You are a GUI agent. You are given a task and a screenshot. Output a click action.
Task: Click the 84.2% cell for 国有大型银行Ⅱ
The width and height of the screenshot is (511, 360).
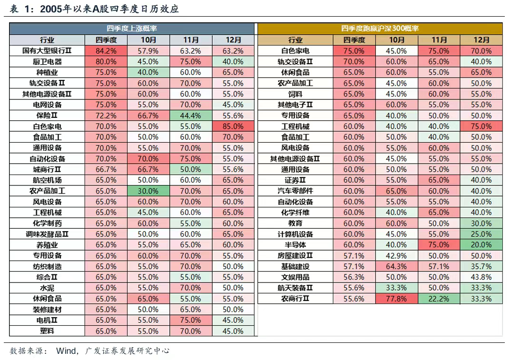[x=106, y=51]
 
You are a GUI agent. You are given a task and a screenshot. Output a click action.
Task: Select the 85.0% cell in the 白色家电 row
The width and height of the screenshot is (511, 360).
[x=233, y=126]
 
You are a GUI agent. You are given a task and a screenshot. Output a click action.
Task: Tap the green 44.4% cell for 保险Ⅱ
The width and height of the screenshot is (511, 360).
[x=190, y=116]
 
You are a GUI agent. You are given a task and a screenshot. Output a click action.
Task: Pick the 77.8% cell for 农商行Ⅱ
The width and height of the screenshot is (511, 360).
[x=396, y=299]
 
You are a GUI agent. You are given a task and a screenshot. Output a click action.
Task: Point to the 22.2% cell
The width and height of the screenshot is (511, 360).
[x=439, y=299]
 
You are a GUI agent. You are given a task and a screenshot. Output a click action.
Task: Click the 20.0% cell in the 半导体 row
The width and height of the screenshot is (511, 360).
[x=481, y=245]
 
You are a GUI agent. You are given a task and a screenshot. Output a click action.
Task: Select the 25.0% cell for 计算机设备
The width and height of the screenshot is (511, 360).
[x=481, y=234]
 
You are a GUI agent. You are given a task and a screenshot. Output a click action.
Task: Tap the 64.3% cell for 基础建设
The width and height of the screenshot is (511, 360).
[x=396, y=266]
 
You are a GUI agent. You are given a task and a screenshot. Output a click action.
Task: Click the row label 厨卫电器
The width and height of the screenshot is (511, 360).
[x=47, y=62]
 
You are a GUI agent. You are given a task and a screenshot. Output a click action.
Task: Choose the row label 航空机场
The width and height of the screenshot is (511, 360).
[x=47, y=180]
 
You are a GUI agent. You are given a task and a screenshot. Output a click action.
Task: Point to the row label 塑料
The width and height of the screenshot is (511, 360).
[x=47, y=331]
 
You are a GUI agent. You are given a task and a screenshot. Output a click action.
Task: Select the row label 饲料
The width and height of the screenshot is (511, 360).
[x=295, y=94]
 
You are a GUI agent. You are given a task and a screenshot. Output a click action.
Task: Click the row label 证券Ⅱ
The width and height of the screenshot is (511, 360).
[x=295, y=180]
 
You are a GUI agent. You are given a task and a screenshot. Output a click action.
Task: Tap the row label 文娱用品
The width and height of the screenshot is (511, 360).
[x=295, y=277]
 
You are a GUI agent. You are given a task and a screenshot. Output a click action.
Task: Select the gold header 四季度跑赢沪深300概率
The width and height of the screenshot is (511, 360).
[x=380, y=29]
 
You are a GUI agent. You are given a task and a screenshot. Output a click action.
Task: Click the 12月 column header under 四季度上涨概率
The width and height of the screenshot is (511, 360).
[x=233, y=40]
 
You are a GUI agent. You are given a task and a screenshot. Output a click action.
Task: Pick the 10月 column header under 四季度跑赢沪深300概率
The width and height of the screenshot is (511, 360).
[x=396, y=40]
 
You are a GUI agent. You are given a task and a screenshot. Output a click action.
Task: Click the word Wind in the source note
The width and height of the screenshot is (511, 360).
[x=66, y=351]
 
